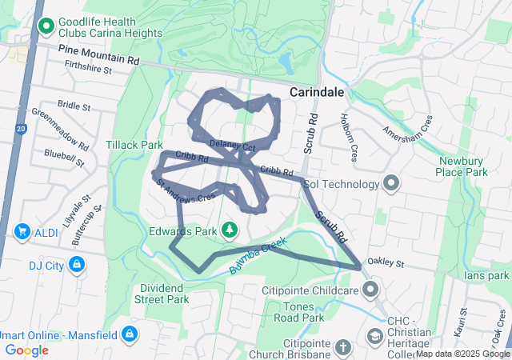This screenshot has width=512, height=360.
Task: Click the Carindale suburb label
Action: pos(317,92)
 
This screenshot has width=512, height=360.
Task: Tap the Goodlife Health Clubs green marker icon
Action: pos(46,26)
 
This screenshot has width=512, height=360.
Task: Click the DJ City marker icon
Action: pos(76,264)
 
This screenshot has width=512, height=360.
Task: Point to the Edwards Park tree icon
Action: pos(230,230)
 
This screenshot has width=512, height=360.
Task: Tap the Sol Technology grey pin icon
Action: pos(391,184)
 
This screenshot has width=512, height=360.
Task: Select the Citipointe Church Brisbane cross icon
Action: pos(342,348)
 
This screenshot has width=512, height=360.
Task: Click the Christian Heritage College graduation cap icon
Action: pos(374,336)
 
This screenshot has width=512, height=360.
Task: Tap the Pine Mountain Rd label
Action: pos(100,54)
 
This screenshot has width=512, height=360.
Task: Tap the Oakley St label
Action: pos(386,262)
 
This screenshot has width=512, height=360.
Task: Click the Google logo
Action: pos(27,350)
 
